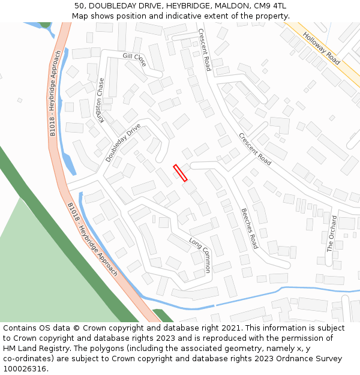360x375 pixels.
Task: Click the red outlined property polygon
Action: (180, 173)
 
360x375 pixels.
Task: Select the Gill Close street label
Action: (134, 59)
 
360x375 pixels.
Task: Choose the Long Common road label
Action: (200, 255)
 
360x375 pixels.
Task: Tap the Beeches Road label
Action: (249, 229)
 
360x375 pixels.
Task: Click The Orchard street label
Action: (331, 233)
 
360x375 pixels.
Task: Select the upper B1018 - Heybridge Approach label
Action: (55, 93)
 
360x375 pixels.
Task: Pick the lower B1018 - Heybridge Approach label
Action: (92, 239)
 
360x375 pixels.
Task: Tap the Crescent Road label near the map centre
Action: (255, 149)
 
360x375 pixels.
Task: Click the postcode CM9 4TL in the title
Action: (270, 6)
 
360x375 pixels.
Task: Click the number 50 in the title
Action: (80, 6)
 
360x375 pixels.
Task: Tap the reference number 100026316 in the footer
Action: (24, 368)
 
